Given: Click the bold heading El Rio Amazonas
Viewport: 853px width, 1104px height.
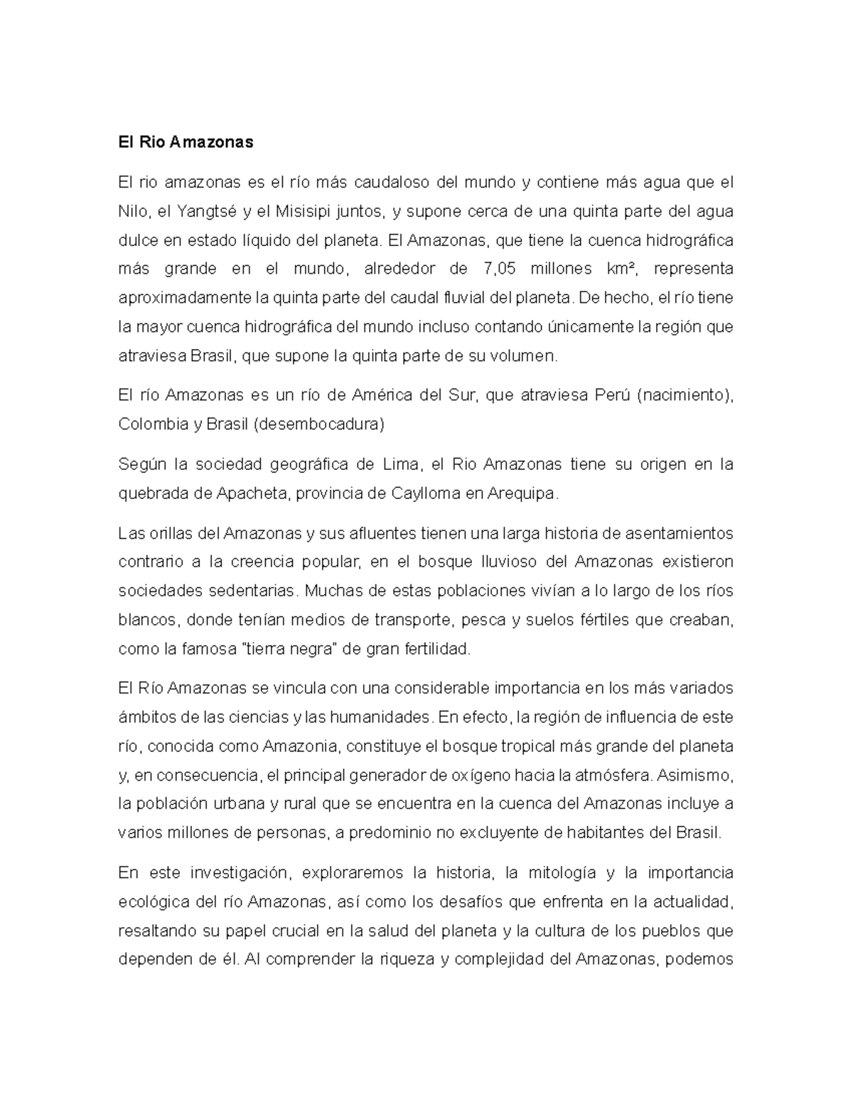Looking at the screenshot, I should tap(186, 142).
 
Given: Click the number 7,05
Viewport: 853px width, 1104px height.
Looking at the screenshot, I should tap(498, 269).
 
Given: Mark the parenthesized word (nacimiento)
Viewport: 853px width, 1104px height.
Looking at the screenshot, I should tap(685, 395).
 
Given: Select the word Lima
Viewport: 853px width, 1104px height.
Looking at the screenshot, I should tap(400, 464).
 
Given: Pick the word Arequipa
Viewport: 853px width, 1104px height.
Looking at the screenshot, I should tap(522, 493).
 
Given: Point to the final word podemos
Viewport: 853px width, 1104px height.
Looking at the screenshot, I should tap(700, 960).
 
